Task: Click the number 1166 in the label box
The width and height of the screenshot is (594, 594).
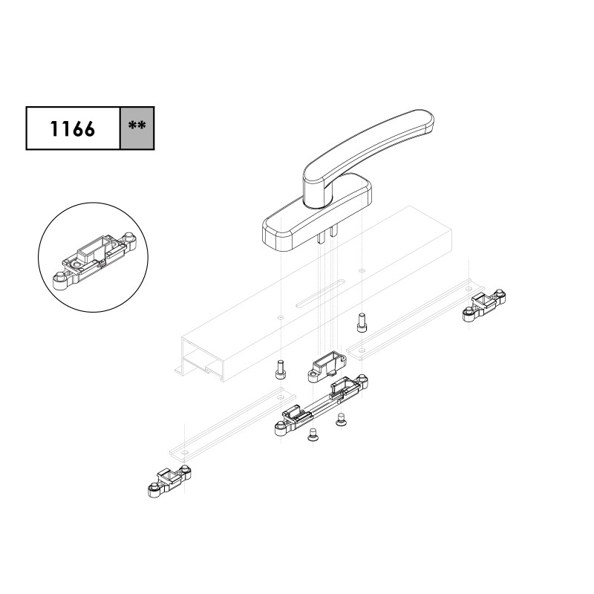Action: [x=72, y=128]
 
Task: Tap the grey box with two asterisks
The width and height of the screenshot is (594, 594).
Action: [x=137, y=128]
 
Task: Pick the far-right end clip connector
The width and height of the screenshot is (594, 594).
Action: [x=484, y=305]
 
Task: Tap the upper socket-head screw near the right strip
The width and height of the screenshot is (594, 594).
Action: [x=362, y=323]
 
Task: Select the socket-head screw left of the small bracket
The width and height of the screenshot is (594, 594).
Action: [x=281, y=369]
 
